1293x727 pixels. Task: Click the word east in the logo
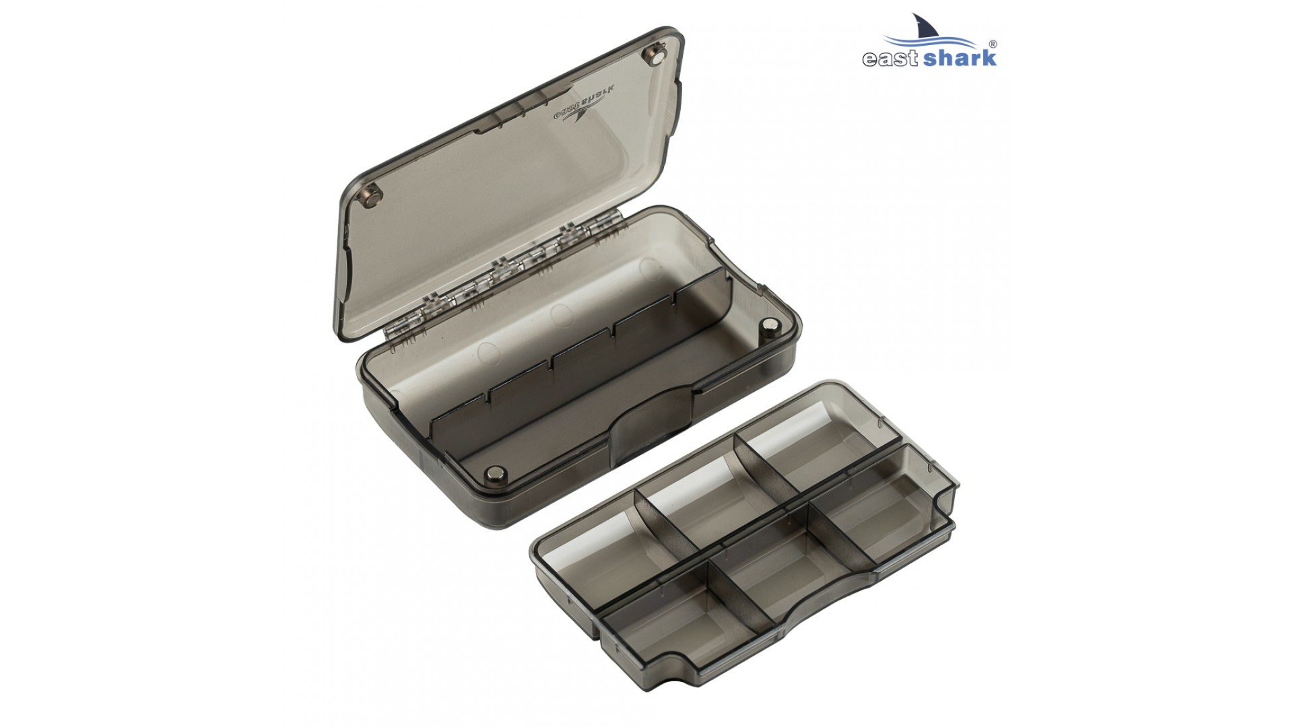click(x=883, y=58)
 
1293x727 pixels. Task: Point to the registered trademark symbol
click(x=993, y=44)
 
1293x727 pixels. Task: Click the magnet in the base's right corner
click(x=768, y=326)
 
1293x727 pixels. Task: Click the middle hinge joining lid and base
click(x=502, y=269)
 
